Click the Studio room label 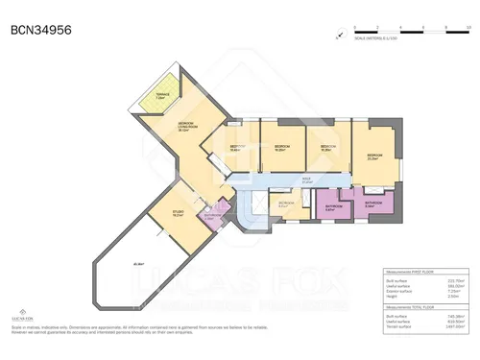click(178, 214)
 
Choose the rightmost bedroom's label click(373, 156)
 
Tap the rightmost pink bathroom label click(373, 204)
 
